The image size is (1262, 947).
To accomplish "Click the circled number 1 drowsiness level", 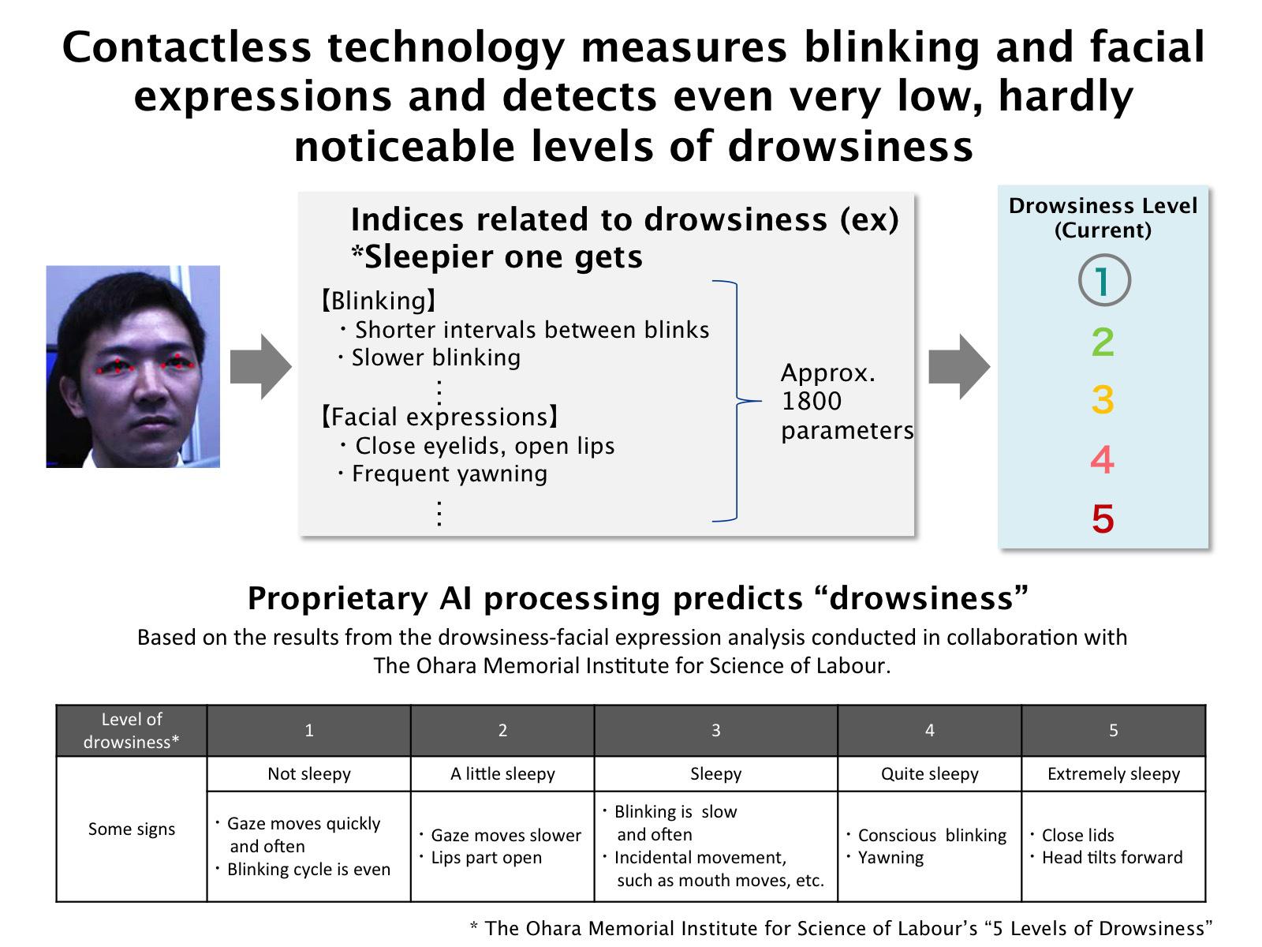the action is coord(1104,280).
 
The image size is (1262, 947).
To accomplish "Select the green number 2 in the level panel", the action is coord(1103,342).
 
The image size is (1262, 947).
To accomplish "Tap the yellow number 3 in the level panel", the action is coord(1103,399).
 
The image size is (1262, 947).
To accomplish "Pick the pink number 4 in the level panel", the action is coord(1102,459).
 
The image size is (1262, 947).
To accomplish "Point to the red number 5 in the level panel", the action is coord(1103,518).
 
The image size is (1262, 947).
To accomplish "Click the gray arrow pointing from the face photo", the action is coord(260,366).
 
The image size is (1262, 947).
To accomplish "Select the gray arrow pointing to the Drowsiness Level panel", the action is coord(959,366).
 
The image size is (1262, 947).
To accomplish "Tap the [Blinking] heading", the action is coord(379,301).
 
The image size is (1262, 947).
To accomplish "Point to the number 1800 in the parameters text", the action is coord(812,401).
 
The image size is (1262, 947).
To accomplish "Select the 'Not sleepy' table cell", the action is coord(308,773).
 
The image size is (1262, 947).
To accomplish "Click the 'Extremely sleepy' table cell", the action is coord(1113,773).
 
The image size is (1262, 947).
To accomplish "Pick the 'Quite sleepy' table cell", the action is coord(929,773).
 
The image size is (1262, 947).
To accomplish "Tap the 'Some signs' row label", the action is coord(132,829).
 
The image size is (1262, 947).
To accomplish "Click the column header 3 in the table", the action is coord(716,730).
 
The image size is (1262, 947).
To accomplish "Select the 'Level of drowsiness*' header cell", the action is coord(132,730).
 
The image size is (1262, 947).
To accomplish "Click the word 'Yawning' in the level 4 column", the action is coord(890,858).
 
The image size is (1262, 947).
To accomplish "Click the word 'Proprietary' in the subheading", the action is coord(338,599).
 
